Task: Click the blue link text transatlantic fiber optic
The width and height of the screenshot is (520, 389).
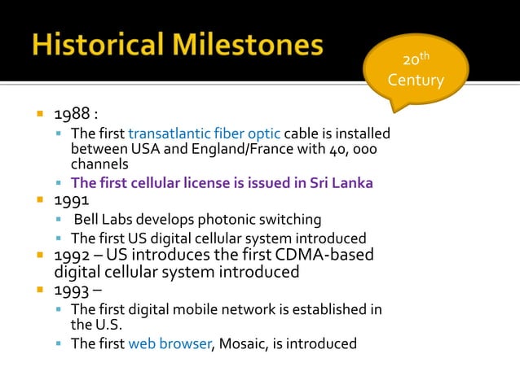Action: [205, 133]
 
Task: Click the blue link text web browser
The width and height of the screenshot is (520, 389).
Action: [170, 343]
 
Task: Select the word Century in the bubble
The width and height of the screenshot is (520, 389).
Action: [416, 81]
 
